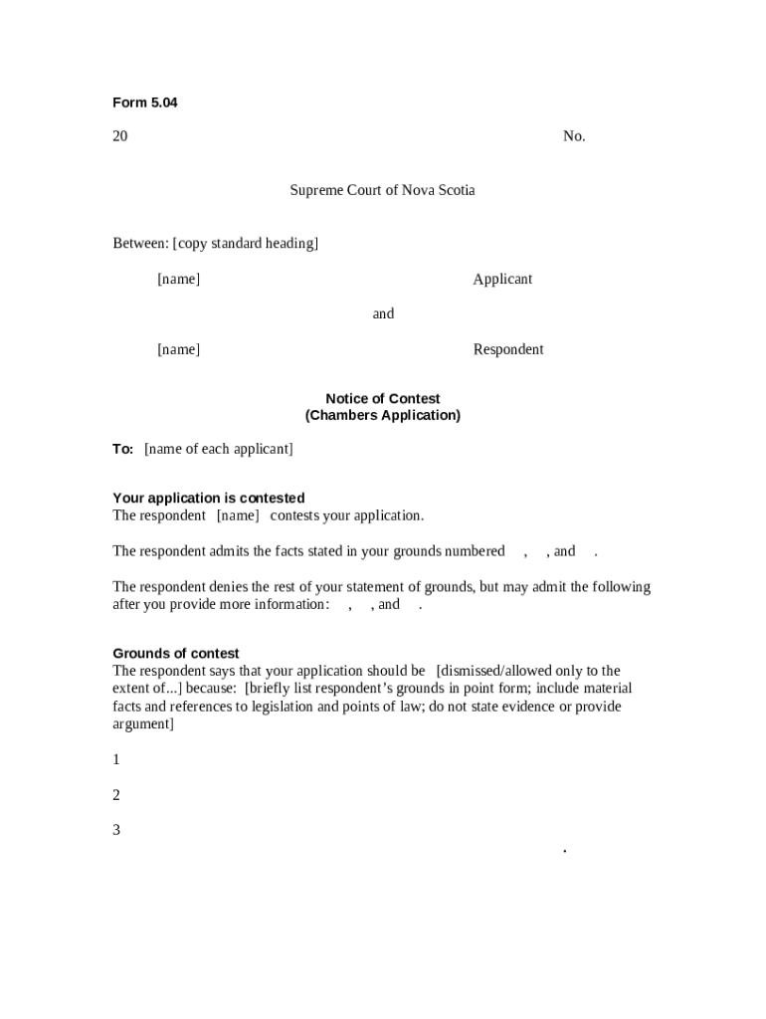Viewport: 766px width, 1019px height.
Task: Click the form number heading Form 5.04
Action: click(145, 102)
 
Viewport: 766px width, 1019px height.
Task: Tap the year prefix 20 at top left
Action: click(120, 136)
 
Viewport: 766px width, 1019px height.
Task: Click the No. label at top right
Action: click(574, 136)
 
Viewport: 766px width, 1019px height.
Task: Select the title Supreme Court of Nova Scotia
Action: click(382, 190)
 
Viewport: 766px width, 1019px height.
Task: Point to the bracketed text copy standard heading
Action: click(246, 243)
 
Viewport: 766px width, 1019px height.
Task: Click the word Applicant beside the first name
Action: click(502, 279)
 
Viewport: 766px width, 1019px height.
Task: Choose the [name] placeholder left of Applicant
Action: click(178, 279)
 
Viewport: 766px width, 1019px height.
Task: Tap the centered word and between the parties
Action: click(383, 313)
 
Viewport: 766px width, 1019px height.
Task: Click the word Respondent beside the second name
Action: click(508, 349)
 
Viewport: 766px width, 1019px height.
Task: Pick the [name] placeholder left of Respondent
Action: click(178, 349)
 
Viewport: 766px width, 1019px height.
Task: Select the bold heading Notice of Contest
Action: click(383, 399)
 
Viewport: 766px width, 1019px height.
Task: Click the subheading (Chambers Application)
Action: click(383, 415)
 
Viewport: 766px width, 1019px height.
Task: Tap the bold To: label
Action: click(123, 449)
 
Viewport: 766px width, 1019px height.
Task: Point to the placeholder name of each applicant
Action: click(219, 449)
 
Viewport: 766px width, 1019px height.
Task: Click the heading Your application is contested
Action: click(209, 498)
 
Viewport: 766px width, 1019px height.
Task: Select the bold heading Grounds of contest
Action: click(176, 654)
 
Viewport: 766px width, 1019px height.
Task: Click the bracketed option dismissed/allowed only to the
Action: click(528, 671)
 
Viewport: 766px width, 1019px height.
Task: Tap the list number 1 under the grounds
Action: click(116, 759)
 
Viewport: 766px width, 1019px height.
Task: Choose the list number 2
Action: click(116, 795)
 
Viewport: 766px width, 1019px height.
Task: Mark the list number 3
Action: click(116, 830)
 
